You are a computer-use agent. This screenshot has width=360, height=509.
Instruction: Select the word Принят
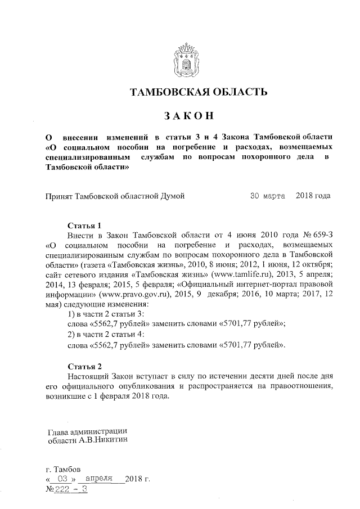[59, 196]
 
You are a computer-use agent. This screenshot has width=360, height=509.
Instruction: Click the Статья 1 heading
[84, 226]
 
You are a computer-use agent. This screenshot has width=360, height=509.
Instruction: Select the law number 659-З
[317, 235]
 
